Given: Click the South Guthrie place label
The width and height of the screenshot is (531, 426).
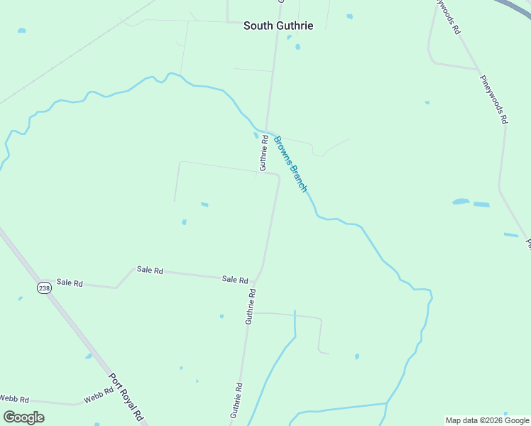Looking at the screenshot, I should click(278, 26).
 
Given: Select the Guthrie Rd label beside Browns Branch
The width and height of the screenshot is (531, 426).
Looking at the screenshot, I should click(263, 153).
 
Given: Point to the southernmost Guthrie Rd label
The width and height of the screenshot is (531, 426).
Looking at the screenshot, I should click(237, 400).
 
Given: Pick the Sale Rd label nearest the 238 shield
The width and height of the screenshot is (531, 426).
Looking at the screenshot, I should click(70, 283).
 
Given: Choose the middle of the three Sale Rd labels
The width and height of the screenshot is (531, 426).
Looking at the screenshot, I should click(150, 271).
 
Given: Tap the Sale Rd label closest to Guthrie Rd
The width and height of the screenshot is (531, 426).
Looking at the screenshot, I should click(234, 280).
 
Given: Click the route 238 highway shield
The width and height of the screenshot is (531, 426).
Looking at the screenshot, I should click(44, 287).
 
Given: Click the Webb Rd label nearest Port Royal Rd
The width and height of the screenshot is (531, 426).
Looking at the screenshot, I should click(99, 395).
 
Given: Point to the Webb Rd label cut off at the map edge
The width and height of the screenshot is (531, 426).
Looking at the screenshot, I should click(13, 399).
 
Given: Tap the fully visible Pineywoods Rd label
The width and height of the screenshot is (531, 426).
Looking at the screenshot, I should click(493, 99).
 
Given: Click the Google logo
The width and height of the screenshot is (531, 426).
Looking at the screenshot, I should click(23, 417).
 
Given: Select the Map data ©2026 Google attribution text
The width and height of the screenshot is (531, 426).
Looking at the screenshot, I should click(488, 420).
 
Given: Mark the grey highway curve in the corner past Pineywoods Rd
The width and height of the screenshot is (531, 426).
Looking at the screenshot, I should click(517, 9).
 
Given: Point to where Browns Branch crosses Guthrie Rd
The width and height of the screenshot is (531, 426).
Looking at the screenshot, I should click(266, 131).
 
